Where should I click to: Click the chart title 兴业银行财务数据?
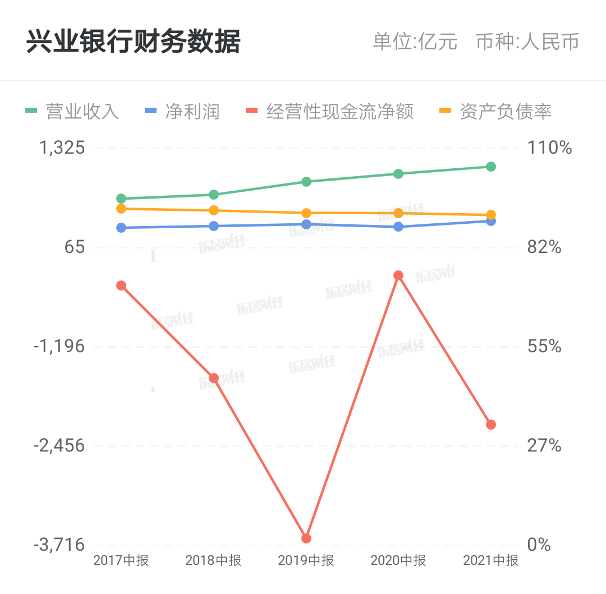click(x=134, y=42)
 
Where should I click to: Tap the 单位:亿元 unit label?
click(x=415, y=42)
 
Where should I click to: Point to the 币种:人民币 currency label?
click(x=527, y=42)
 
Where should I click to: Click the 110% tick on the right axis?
click(x=549, y=148)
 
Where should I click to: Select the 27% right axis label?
click(x=544, y=445)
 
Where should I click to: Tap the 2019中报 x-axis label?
click(x=306, y=560)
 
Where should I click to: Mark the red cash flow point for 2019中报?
click(x=306, y=538)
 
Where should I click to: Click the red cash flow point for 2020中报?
click(x=398, y=275)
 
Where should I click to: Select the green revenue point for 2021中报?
click(x=490, y=167)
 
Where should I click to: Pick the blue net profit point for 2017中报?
click(x=121, y=228)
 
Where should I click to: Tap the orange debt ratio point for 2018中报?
click(x=214, y=210)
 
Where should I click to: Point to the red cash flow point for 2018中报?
click(x=214, y=378)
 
